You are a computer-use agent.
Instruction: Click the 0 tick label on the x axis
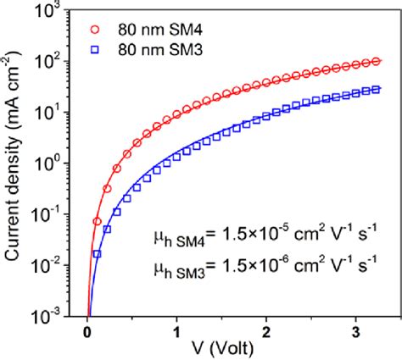[x=87, y=330]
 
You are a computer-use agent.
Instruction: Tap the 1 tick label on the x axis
[x=176, y=330]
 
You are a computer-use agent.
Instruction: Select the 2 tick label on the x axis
[x=266, y=330]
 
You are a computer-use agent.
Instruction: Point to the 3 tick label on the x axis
[x=355, y=330]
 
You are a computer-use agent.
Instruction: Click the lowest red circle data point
[x=98, y=221]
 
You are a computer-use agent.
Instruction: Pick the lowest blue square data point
[x=98, y=254]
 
